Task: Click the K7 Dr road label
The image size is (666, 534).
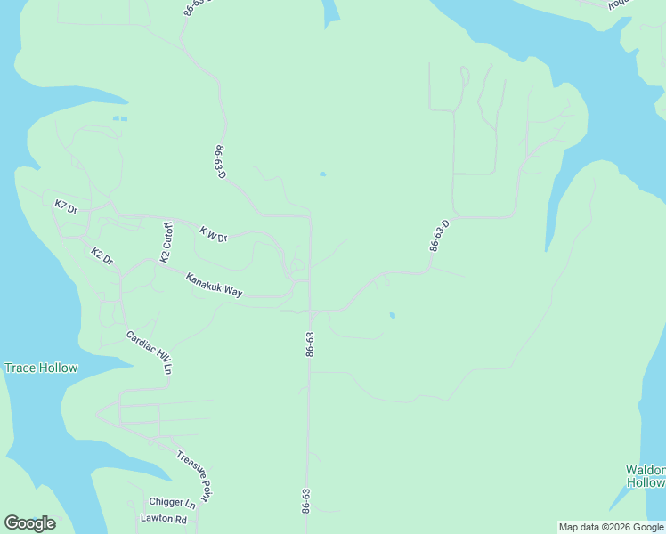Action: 67,206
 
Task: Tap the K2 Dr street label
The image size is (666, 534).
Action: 102,256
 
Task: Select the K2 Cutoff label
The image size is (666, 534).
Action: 166,242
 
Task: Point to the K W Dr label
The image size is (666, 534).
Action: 214,235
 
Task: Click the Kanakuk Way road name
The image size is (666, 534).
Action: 214,285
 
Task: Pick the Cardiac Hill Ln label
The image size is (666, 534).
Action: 149,352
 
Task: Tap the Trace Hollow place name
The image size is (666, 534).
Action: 41,368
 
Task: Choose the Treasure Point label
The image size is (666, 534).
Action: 194,475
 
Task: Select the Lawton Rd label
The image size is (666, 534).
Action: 164,519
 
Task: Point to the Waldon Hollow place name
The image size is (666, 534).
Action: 646,476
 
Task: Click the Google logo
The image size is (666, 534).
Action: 29,523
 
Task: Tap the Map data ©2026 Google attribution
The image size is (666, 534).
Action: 612,527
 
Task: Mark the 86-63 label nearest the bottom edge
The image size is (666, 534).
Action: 306,500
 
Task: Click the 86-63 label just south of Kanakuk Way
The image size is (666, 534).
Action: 309,344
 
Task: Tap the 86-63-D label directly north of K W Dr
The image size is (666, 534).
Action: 220,161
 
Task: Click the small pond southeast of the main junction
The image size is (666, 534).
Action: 393,315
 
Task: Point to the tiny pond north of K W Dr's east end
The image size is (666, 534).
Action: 322,174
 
